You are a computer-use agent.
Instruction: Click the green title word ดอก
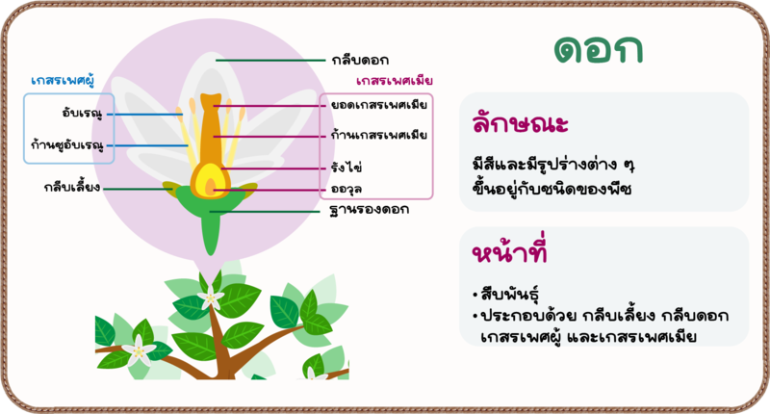[598, 50]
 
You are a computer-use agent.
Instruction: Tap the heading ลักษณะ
[520, 123]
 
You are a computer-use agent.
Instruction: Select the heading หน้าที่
[509, 250]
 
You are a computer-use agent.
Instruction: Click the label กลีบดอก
[360, 61]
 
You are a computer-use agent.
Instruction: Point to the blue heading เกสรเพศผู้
[63, 80]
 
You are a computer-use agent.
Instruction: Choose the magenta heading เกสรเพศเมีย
[395, 81]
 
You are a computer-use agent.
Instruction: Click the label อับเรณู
[82, 113]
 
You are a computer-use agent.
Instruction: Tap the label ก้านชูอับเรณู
[67, 144]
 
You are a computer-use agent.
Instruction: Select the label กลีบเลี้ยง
[71, 187]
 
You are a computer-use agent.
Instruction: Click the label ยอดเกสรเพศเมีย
[378, 105]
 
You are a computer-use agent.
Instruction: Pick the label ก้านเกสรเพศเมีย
[378, 135]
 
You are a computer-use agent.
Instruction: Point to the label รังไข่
[346, 167]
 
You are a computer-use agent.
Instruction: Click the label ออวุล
[346, 190]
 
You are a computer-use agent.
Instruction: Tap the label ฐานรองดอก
[370, 210]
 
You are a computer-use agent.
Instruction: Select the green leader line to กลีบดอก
[270, 61]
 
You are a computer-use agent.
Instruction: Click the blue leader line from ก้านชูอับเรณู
[147, 145]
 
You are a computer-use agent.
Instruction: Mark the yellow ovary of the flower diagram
[210, 181]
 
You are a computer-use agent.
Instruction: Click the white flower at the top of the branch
[211, 298]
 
